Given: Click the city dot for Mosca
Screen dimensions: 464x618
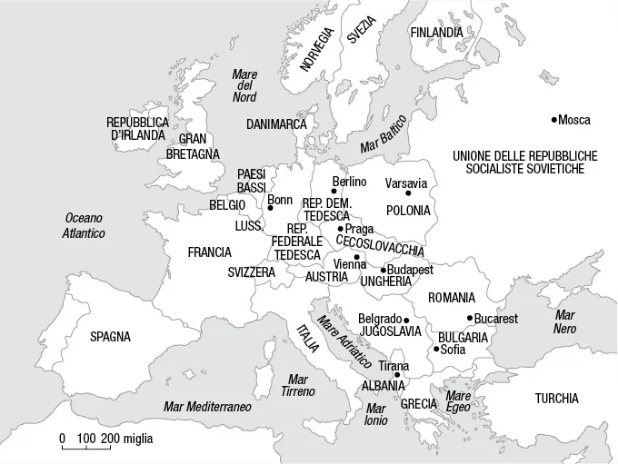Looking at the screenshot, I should [554, 120].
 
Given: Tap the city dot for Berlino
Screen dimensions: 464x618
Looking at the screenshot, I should [334, 192].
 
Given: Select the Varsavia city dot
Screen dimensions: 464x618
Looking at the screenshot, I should [408, 193].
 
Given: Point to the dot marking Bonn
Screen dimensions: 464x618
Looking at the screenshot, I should [270, 208].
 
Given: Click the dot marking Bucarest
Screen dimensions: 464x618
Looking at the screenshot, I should [470, 318].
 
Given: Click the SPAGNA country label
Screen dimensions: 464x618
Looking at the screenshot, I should [110, 337].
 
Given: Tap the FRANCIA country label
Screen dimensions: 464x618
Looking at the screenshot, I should [209, 252].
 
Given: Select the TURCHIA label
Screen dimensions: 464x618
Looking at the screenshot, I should [556, 399].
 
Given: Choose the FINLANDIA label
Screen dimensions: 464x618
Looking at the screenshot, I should [436, 33].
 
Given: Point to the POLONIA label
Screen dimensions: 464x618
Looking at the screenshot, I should [408, 211].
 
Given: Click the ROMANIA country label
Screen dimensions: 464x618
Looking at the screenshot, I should [452, 298].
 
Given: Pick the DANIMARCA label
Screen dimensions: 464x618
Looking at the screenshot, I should [276, 123].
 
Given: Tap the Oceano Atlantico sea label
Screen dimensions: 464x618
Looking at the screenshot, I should [84, 226].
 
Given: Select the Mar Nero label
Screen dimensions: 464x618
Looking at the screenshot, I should [565, 321].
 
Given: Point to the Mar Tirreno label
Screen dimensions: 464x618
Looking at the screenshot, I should [297, 385].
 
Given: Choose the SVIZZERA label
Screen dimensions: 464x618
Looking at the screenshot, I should [252, 272].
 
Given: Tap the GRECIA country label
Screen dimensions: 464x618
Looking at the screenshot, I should [419, 403].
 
